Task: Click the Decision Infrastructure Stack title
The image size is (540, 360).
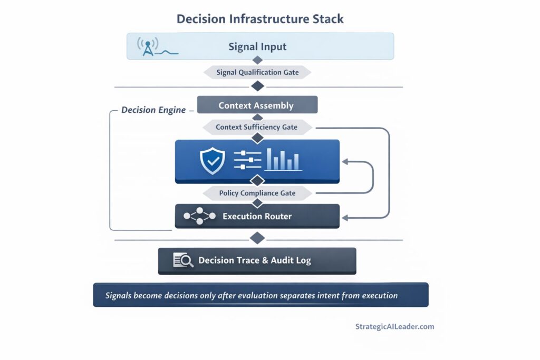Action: coord(260,19)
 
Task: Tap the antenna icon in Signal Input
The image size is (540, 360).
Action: coord(147,46)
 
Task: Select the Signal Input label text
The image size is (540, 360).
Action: coord(257,46)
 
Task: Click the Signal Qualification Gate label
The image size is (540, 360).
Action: coord(257,72)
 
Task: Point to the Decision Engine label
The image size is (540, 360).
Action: coord(153,110)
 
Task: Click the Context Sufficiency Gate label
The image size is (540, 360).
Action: coord(256,127)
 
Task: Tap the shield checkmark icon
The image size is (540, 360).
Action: coord(213,161)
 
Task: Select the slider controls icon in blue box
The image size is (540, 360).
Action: coord(247,160)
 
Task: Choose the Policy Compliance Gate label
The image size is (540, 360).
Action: coord(257,193)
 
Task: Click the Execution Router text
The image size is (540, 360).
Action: coord(257,216)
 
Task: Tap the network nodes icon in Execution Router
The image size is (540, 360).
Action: coord(200,216)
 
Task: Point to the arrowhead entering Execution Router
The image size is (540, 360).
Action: coord(345,217)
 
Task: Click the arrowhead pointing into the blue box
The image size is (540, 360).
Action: coord(345,161)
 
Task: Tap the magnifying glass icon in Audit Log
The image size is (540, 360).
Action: coord(184,260)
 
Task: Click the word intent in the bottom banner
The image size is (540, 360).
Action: coord(331,295)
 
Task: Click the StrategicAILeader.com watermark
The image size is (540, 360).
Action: coord(395,326)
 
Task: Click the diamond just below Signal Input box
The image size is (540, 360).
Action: coord(257,61)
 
